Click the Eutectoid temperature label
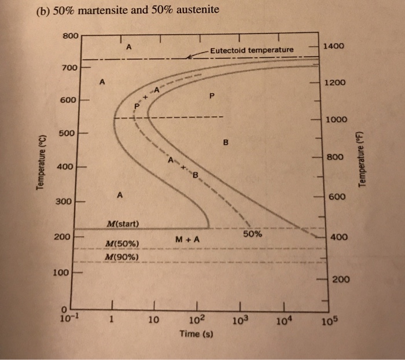pos(252,50)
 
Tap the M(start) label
pos(123,223)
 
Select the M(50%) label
pos(122,245)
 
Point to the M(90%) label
pos(122,256)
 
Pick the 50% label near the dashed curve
pos(252,234)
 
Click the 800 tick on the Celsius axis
pos(71,36)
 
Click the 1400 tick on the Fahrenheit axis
pos(334,45)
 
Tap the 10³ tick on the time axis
pos(241,319)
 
